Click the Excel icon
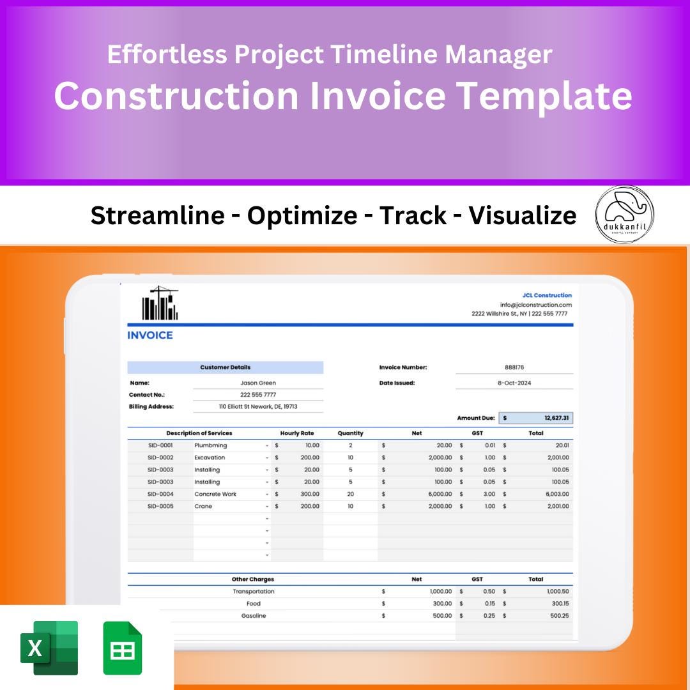click(x=49, y=648)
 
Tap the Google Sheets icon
click(x=123, y=648)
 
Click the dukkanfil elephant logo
click(x=624, y=214)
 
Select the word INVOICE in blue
click(x=150, y=335)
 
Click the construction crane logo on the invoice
click(x=160, y=303)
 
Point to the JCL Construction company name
click(x=547, y=295)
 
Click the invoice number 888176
click(x=514, y=367)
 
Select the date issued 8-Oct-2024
click(x=514, y=383)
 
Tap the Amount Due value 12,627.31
click(x=556, y=418)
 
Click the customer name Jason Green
click(x=258, y=383)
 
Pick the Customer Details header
click(x=225, y=367)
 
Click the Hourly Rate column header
click(x=297, y=433)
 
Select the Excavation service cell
click(x=210, y=457)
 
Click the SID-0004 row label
click(x=160, y=494)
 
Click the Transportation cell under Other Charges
click(x=254, y=592)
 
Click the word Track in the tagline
click(x=413, y=216)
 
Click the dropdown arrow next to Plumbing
click(x=267, y=446)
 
